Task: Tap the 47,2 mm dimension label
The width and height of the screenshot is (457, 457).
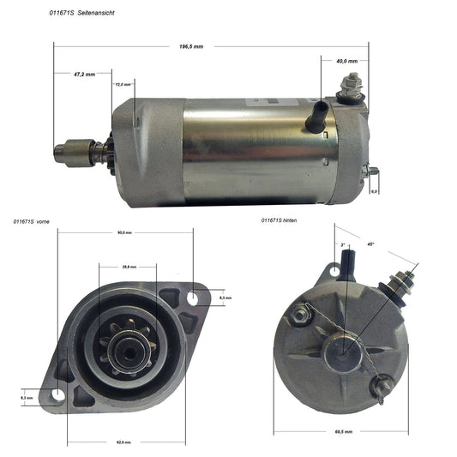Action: [x=85, y=75]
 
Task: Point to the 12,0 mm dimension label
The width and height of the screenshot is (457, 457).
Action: [x=123, y=84]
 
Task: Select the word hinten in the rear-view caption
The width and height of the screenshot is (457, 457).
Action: [x=299, y=220]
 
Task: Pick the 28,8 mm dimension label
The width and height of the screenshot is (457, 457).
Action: [x=129, y=267]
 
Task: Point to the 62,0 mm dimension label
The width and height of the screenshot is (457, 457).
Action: [x=124, y=442]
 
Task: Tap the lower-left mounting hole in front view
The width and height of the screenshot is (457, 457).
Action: [x=57, y=395]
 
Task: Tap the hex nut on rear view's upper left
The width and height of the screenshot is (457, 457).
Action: [x=300, y=316]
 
